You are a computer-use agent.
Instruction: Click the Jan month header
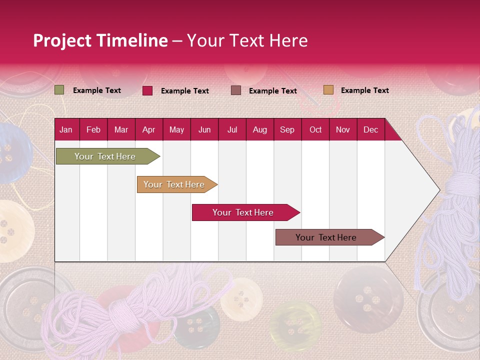click(66, 129)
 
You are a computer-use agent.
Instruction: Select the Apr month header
click(148, 129)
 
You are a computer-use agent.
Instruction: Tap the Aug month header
click(259, 129)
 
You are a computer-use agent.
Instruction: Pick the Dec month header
click(370, 129)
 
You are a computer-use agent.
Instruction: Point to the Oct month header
click(315, 129)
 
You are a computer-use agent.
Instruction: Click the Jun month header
click(204, 129)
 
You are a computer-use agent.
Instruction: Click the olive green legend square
click(59, 90)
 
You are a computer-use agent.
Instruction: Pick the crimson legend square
click(147, 90)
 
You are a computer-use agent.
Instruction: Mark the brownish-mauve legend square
click(235, 90)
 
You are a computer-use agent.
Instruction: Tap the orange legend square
click(328, 90)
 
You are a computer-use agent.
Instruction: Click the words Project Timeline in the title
click(100, 40)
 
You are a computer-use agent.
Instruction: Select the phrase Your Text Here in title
click(247, 40)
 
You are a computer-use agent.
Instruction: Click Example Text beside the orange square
click(364, 90)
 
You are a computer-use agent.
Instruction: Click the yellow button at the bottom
click(295, 325)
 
